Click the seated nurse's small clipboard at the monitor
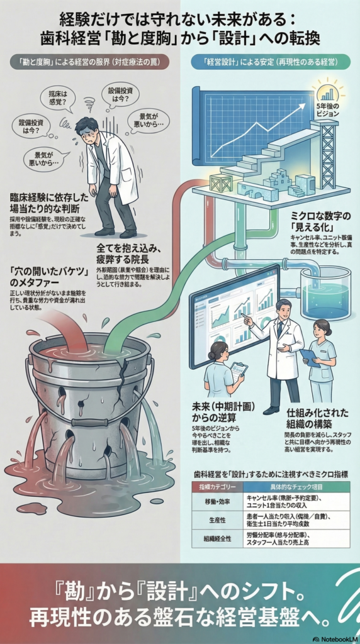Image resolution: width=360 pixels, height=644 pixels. pos(239,370)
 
